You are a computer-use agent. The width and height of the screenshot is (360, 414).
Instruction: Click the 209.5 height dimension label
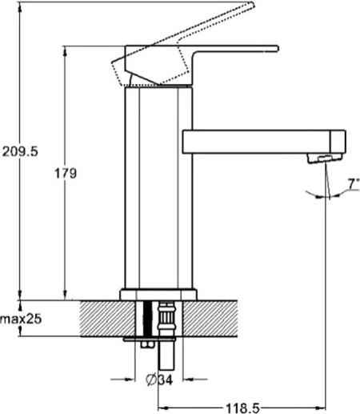pos(20,151)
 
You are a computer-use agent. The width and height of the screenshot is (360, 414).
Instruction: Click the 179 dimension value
pos(66,174)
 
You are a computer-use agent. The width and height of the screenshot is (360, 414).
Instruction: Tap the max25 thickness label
pos(21,319)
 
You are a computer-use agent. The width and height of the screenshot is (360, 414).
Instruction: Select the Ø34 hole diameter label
pos(159,380)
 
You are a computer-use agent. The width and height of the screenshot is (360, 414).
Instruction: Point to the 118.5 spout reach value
pos(242,408)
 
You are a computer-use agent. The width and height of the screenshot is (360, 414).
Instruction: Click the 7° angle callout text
pos(354,184)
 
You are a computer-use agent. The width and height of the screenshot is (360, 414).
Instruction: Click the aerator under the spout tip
pos(325,159)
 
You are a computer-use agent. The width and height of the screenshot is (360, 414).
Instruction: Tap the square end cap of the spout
pos(338,142)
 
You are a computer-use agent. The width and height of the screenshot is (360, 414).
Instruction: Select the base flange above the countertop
pos(158,295)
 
